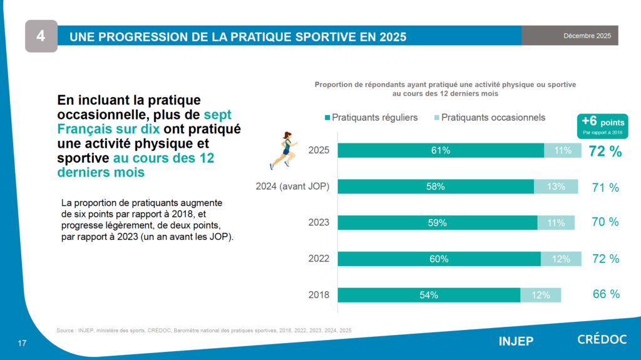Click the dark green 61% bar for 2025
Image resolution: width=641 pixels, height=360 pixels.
[441, 150]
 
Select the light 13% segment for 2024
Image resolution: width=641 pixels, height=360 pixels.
[556, 187]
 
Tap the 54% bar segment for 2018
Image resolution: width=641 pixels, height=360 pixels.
[429, 295]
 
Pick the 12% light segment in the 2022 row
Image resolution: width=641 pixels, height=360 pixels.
[561, 259]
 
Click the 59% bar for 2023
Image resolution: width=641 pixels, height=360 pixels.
[438, 222]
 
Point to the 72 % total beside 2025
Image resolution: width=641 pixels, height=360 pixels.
[605, 151]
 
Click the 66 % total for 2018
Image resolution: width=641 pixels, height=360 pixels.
[606, 294]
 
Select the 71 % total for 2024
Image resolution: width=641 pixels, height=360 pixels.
[605, 187]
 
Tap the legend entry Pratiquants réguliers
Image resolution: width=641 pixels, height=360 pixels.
[371, 118]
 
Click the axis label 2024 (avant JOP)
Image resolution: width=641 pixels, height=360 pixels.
[293, 187]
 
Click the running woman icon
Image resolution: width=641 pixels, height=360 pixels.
[283, 150]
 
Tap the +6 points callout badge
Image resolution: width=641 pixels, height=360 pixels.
[602, 125]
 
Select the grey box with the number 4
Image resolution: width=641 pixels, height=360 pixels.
[41, 36]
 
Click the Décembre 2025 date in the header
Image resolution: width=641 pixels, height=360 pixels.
[587, 36]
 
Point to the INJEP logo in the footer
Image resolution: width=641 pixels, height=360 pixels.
[516, 341]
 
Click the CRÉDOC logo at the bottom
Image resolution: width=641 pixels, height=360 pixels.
[601, 341]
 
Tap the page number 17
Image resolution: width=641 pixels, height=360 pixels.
[22, 343]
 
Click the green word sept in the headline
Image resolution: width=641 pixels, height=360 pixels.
[218, 115]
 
